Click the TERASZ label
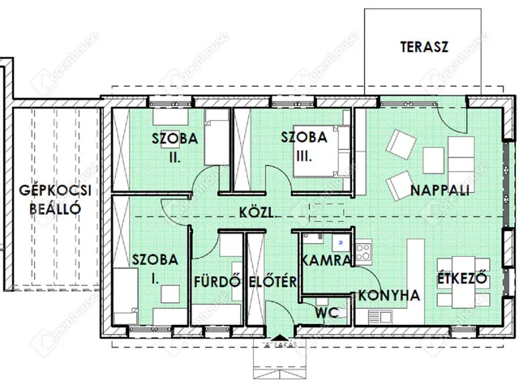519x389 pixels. pyautogui.click(x=425, y=45)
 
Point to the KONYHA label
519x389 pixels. pyautogui.click(x=389, y=296)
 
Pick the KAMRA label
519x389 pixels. pyautogui.click(x=325, y=261)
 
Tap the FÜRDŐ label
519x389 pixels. pyautogui.click(x=218, y=282)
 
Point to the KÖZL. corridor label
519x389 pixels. pyautogui.click(x=255, y=213)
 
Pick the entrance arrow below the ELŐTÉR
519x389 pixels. pyautogui.click(x=278, y=337)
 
